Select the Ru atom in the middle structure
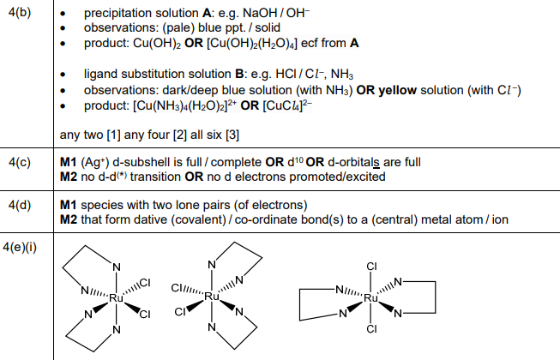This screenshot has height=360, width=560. click(x=213, y=297)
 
